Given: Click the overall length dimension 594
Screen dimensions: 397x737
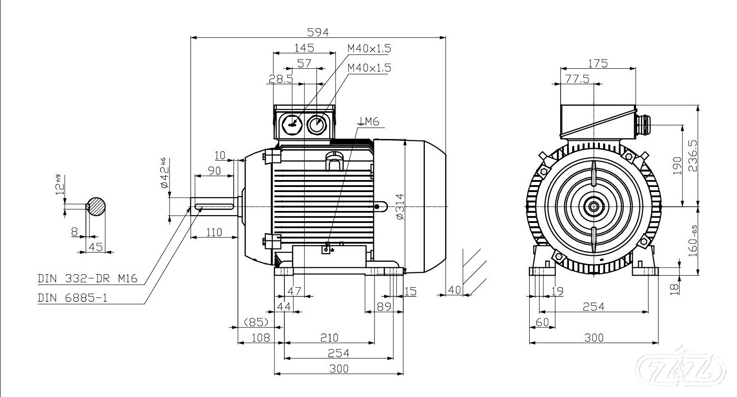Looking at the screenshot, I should point(318,32).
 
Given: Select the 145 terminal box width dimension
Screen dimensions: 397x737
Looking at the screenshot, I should point(304,48).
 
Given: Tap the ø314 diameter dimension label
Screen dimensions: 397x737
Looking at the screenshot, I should point(400,206).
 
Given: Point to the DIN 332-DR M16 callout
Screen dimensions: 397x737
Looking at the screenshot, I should point(87,279).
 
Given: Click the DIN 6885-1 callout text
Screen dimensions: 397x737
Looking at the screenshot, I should point(72,298).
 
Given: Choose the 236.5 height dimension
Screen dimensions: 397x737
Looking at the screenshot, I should point(692,156).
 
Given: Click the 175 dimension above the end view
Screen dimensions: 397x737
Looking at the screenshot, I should point(598,63).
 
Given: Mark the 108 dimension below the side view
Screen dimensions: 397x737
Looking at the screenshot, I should point(260,337).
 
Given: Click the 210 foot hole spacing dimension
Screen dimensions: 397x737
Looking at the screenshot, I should point(329,337).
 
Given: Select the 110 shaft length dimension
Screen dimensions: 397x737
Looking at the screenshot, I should point(214,232).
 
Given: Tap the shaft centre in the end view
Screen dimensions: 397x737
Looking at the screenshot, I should point(593,206).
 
